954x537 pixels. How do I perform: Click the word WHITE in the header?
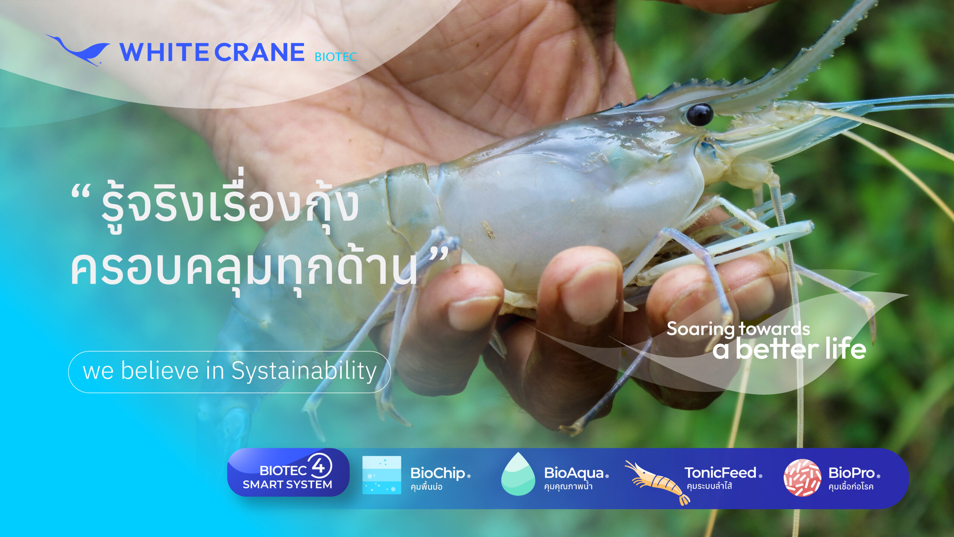[x=164, y=52]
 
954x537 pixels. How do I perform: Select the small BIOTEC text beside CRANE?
[x=336, y=57]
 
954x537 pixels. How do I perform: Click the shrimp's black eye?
[x=699, y=114]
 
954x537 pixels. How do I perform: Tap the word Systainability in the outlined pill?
[x=304, y=371]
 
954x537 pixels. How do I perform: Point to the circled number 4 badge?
[x=319, y=466]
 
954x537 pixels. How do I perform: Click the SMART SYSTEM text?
[x=287, y=484]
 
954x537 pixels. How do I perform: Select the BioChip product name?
[x=438, y=474]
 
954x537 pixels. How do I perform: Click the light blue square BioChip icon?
[x=382, y=475]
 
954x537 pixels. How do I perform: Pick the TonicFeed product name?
[x=720, y=473]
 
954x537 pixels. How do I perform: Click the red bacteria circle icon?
[x=802, y=478]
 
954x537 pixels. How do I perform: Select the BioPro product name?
[x=852, y=473]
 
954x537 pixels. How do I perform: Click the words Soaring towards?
[x=738, y=329]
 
